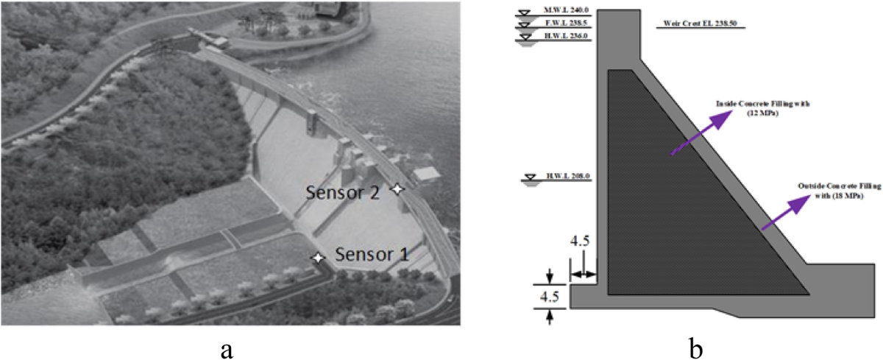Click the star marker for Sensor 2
pos(397,189)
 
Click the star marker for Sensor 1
pos(318,258)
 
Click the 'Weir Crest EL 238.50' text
pos(701,23)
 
